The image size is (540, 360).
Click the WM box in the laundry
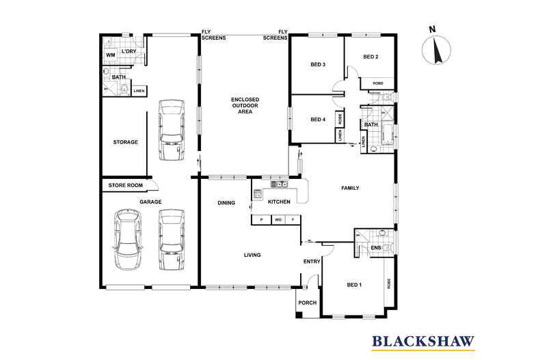(110, 55)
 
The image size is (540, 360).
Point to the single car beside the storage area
(170, 130)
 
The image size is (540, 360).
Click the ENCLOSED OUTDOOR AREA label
(245, 105)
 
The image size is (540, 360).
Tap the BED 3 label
(317, 65)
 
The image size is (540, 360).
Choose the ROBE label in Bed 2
(378, 83)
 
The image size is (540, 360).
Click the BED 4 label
(317, 120)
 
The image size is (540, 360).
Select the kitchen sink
(278, 184)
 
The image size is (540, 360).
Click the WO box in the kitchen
(278, 220)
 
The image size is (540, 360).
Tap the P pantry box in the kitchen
(262, 220)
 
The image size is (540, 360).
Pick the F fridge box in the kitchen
(293, 220)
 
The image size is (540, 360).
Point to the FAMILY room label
(350, 188)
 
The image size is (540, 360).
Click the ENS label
(375, 247)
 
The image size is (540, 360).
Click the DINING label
(226, 203)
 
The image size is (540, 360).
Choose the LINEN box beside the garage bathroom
(139, 90)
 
